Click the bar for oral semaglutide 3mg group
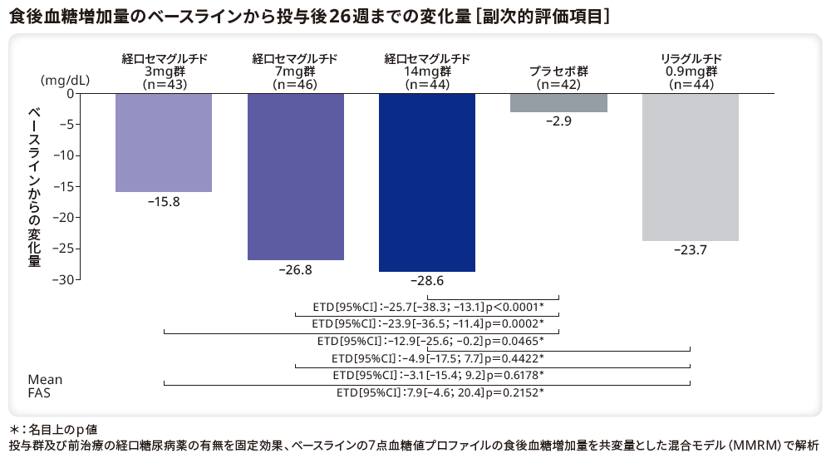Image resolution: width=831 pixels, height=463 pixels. tap(164, 142)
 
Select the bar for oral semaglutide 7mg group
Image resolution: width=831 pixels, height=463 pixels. tap(296, 176)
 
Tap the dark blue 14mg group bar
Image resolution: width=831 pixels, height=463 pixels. tap(427, 182)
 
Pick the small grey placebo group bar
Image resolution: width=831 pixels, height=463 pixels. tap(558, 102)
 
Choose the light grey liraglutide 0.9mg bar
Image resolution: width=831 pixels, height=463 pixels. tap(691, 167)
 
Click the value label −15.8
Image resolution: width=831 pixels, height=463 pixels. tap(164, 202)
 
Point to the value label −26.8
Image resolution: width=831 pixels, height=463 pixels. tap(296, 270)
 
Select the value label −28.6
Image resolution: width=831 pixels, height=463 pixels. tap(427, 282)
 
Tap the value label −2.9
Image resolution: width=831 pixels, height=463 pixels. tap(558, 121)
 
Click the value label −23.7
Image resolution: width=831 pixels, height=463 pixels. tap(691, 250)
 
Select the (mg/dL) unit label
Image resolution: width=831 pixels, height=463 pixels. tap(66, 80)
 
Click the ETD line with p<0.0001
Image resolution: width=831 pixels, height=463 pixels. tap(428, 305)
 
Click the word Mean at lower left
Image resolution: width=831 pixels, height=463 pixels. tap(45, 380)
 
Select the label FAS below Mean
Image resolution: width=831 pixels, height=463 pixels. tap(39, 393)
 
